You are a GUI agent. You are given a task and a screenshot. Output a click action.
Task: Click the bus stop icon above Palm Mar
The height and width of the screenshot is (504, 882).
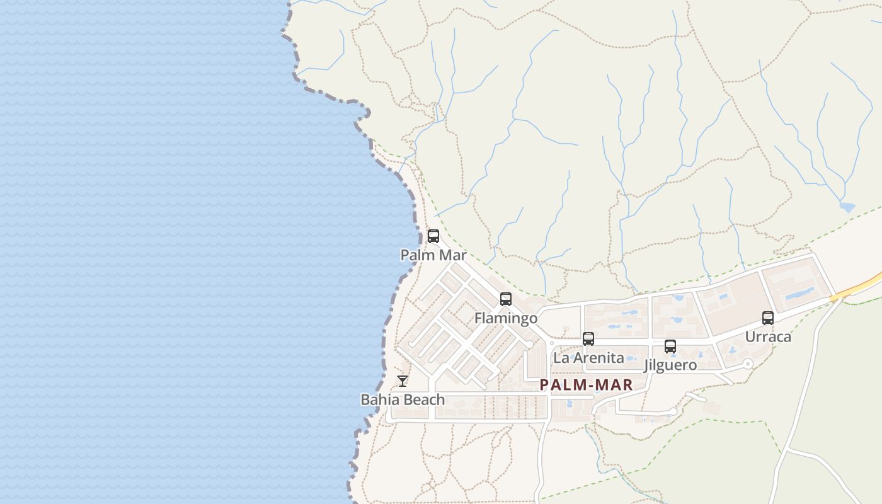(433, 236)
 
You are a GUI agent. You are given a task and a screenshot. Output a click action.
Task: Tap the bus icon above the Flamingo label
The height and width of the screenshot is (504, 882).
(506, 299)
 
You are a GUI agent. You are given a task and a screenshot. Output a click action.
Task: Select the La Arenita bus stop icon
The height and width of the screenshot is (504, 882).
(588, 339)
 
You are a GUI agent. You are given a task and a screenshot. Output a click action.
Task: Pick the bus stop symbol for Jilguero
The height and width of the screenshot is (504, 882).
(670, 346)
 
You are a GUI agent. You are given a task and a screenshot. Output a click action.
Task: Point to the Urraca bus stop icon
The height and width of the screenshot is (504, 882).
(768, 318)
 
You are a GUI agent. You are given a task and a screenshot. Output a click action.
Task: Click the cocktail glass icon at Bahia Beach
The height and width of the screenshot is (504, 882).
(403, 381)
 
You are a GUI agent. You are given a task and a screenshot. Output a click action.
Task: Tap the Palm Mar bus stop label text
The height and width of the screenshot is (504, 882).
(433, 255)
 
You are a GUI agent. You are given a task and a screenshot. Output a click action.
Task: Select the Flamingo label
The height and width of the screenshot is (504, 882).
(506, 318)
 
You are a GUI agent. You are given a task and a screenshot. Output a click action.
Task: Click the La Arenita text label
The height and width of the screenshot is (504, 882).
(588, 358)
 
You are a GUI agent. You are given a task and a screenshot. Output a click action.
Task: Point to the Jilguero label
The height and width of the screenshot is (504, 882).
(670, 365)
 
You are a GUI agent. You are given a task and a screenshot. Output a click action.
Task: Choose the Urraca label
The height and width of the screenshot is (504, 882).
(768, 336)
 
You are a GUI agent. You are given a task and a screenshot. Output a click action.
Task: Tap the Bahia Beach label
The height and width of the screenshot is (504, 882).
(403, 399)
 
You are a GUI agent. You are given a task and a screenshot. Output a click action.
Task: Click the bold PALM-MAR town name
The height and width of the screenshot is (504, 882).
(587, 385)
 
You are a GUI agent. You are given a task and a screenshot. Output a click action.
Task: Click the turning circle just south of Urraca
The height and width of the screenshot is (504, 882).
(748, 364)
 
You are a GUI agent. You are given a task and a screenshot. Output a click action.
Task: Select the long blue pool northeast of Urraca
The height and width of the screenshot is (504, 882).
(801, 293)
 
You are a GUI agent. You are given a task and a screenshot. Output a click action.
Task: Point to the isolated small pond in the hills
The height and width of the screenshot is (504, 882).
(847, 207)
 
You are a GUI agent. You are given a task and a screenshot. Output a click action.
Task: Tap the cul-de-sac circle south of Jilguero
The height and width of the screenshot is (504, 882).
(673, 411)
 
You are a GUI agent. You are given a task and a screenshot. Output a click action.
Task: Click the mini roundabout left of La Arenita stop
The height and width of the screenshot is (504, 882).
(552, 343)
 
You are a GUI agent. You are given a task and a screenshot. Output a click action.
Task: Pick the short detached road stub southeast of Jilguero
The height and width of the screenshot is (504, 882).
(696, 397)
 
